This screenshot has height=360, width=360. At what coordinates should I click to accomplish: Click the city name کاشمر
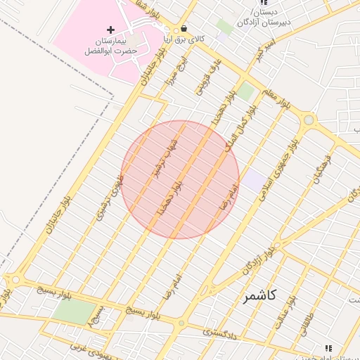259,296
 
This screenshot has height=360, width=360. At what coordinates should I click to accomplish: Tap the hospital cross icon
110,30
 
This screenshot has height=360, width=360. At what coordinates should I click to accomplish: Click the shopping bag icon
184,30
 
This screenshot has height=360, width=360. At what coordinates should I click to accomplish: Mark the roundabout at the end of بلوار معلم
308,120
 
